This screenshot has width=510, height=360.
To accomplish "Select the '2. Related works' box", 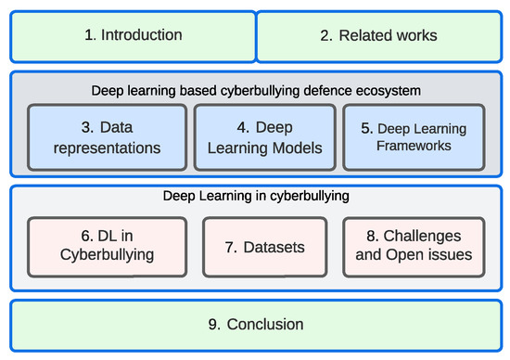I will (x=378, y=36).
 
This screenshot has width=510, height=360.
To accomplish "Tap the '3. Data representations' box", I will (x=105, y=136).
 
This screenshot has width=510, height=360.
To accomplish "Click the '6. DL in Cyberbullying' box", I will (x=105, y=247).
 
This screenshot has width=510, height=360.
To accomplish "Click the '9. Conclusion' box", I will (x=255, y=325).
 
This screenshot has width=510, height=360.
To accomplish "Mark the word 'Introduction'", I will (x=142, y=36).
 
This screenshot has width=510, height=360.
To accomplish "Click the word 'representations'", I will (x=106, y=147).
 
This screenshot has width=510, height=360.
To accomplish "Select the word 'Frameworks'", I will (x=413, y=146).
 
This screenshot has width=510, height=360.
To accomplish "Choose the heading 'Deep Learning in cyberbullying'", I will (x=255, y=196).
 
